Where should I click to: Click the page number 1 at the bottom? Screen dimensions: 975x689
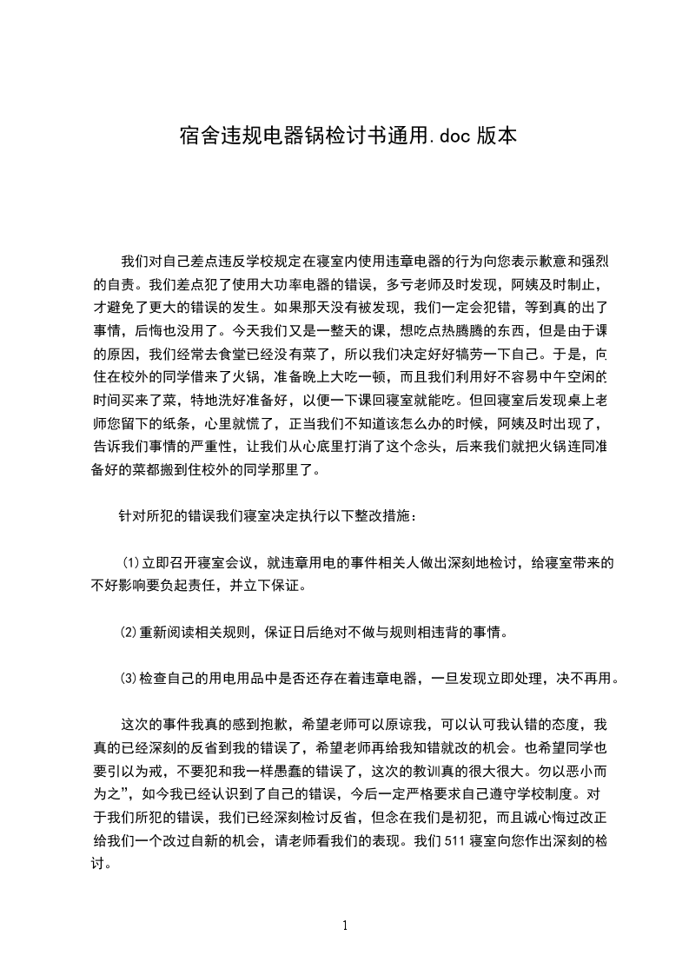(345, 925)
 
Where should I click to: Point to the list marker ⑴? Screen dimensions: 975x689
(129, 562)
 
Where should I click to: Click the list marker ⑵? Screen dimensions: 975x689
(129, 633)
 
